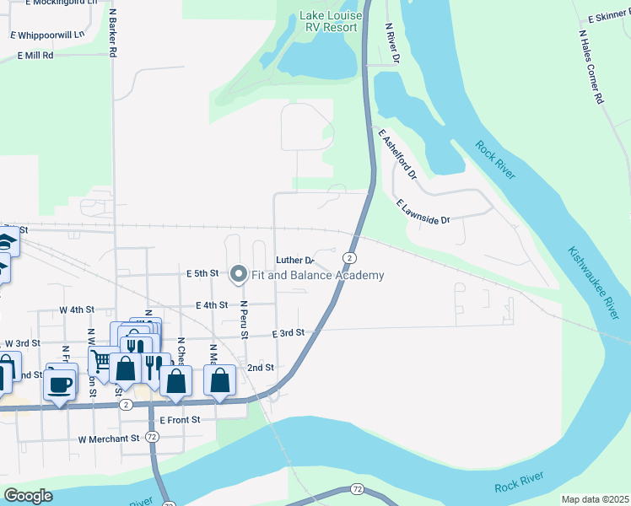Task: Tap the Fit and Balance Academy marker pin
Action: [239, 274]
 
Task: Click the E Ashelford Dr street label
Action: [398, 155]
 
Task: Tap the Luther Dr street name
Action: [294, 260]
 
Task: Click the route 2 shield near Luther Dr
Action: [348, 257]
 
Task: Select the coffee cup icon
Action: [60, 385]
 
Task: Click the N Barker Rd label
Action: [111, 33]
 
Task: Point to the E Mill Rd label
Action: [35, 55]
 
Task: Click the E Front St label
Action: [180, 419]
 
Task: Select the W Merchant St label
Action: [108, 439]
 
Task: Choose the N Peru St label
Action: [243, 320]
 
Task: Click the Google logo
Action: [28, 496]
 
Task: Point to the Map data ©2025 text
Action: [595, 499]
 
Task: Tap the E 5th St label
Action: [202, 274]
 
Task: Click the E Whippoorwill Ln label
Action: [47, 35]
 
